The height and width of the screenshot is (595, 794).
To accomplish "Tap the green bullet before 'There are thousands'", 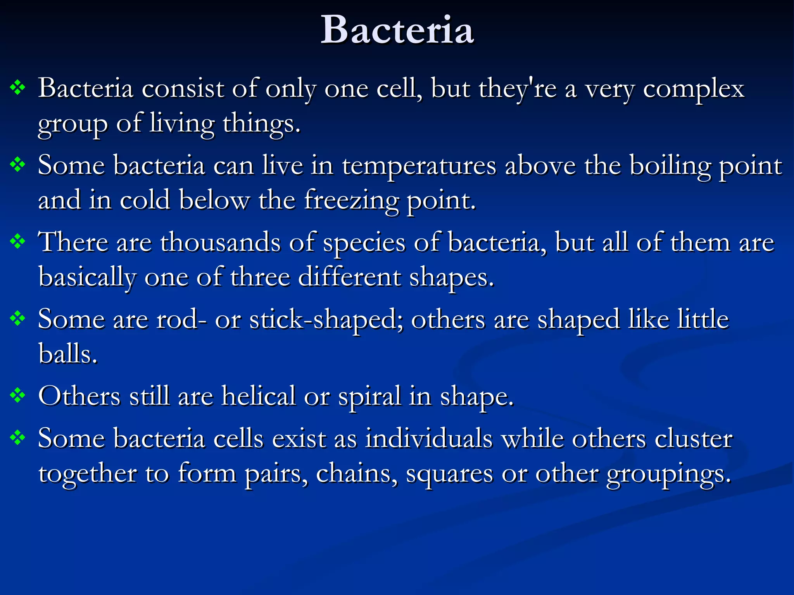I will click(18, 242).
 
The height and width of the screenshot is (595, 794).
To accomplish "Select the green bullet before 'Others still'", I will click(18, 396).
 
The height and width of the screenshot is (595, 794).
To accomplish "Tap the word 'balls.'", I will click(68, 354).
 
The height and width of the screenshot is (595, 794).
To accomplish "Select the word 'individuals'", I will click(429, 439).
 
